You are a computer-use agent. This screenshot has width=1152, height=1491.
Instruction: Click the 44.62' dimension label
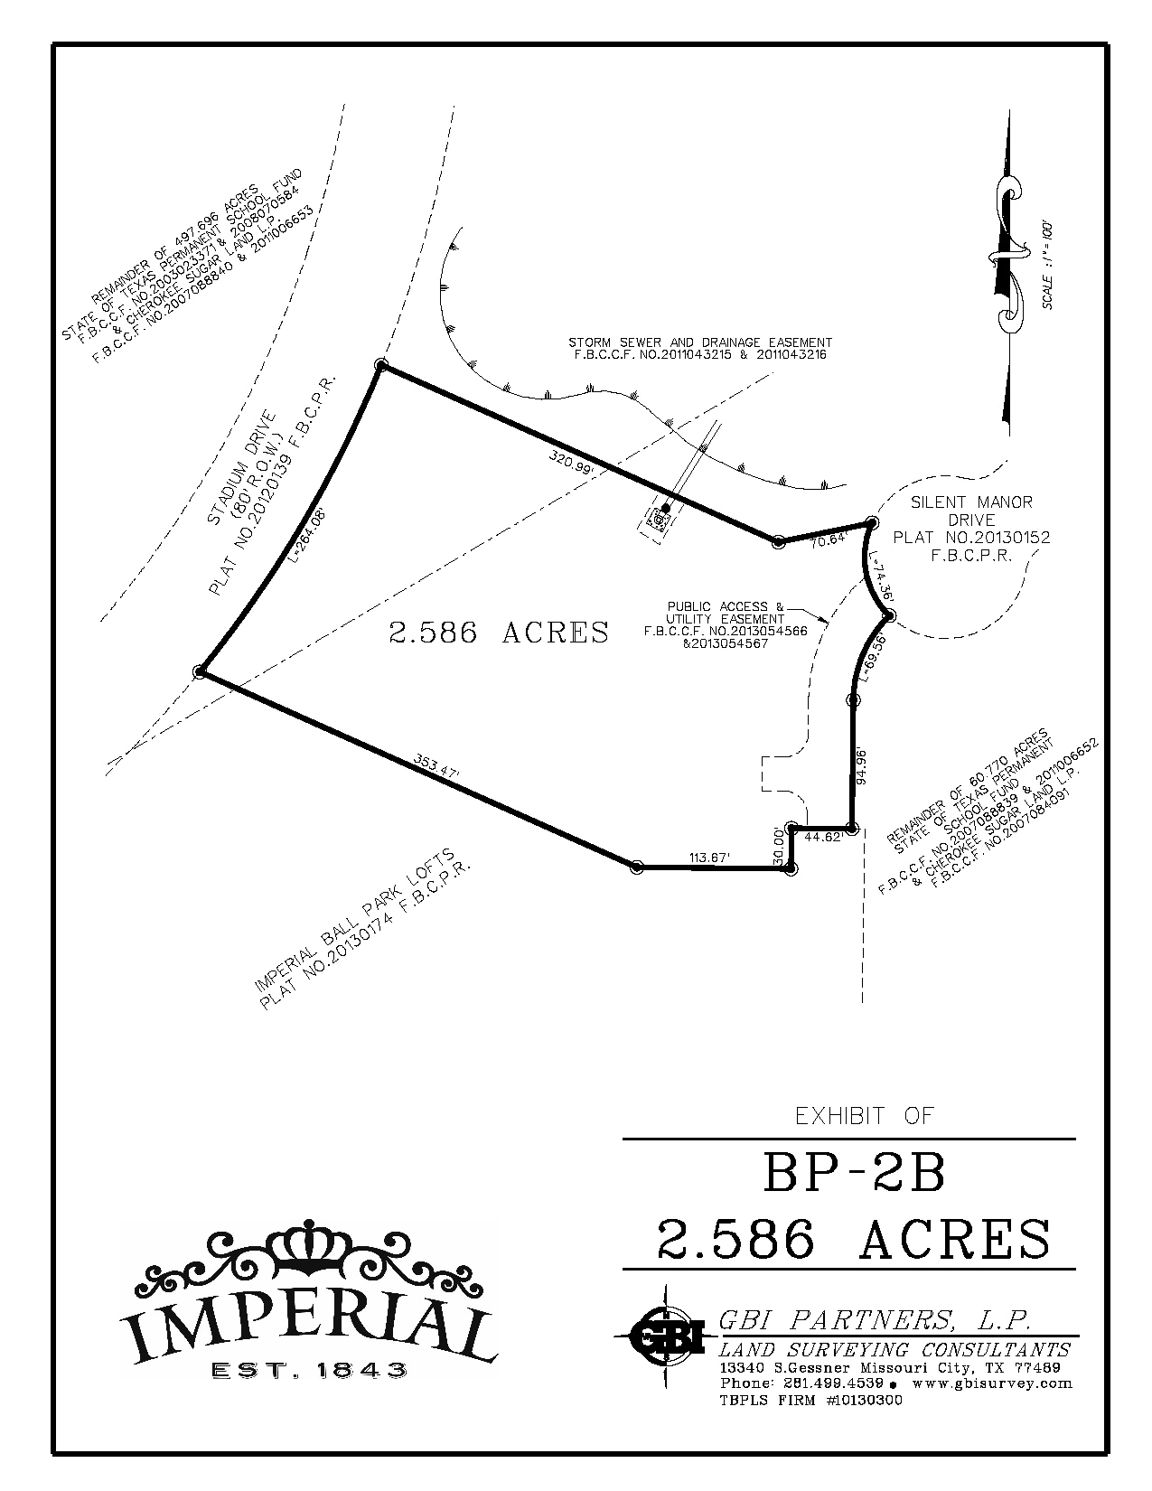[x=822, y=838]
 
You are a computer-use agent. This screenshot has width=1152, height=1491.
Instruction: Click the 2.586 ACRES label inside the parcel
[x=499, y=633]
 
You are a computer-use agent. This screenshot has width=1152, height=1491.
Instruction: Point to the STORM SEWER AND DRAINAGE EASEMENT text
[x=700, y=342]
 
